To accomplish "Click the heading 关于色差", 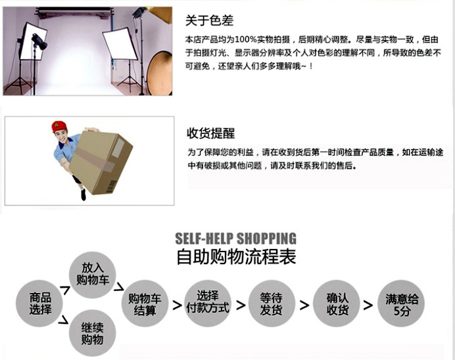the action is coord(209,20).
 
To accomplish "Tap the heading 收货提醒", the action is coord(210,133).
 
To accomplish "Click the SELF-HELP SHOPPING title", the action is coord(235,238).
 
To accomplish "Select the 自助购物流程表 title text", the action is coord(236,256).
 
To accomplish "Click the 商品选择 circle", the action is coord(39,304).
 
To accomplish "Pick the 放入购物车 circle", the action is coord(92,275).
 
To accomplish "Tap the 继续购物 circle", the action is coord(92,333).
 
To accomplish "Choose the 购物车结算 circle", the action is coord(145,304).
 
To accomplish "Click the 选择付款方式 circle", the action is coord(208,304).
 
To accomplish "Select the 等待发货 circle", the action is coord(272,304).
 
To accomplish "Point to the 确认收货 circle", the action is coord(336,304).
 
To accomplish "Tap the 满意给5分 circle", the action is coord(401,304).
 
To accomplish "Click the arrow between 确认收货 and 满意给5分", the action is coord(368,305).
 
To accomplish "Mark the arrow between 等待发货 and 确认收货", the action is coord(304,305).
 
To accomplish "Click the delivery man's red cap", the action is coord(59,126).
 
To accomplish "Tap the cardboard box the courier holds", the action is coord(101,162).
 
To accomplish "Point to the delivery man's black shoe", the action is coord(84,195).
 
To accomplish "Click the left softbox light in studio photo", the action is coord(32,41).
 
